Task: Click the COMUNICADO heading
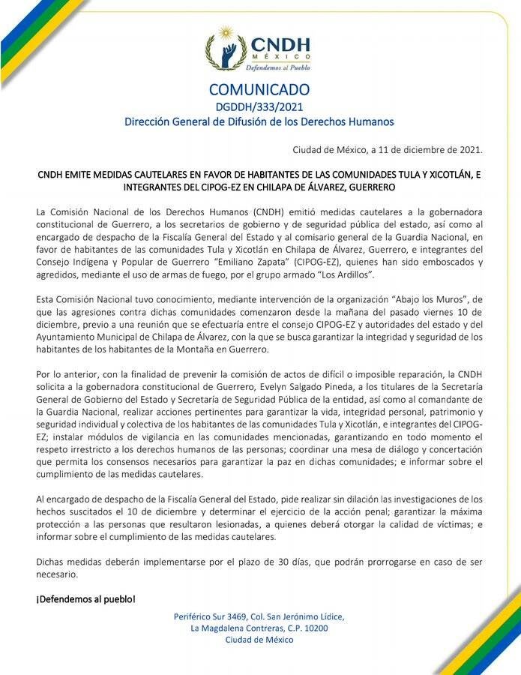pyautogui.click(x=259, y=90)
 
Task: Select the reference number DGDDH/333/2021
pyautogui.click(x=259, y=106)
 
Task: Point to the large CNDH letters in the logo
pyautogui.click(x=280, y=44)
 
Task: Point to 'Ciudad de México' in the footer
pyautogui.click(x=259, y=640)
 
